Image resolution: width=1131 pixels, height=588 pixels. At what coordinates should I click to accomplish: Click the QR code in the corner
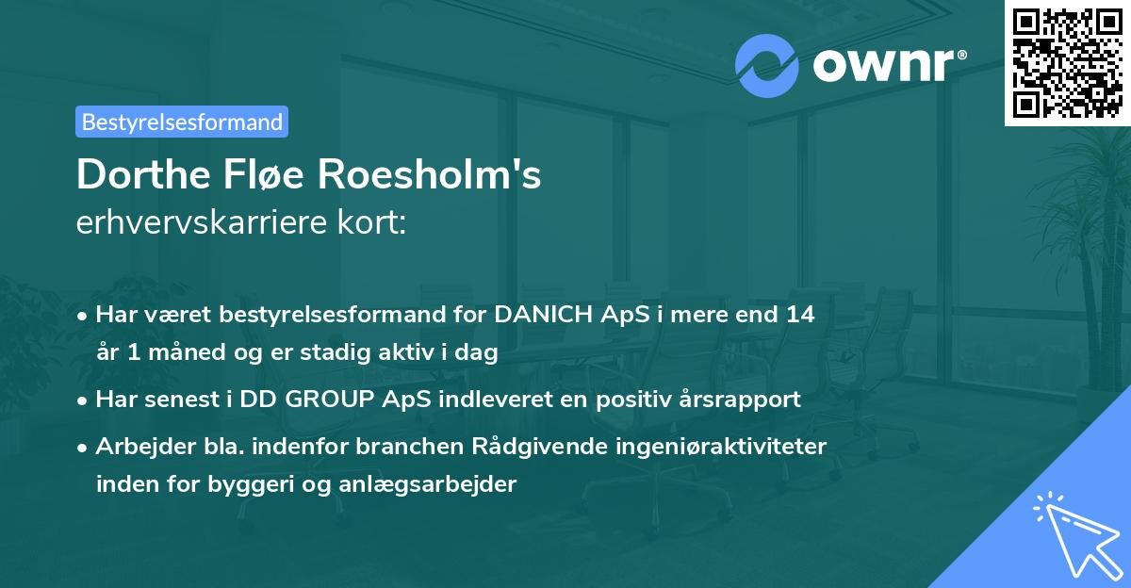pos(1068,63)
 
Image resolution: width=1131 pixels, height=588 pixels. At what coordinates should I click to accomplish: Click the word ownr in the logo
pos(885,66)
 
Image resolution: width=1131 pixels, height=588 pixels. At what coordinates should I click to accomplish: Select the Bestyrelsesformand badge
pos(182,122)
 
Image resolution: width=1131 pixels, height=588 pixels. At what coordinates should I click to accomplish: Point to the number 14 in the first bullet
pos(799,315)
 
